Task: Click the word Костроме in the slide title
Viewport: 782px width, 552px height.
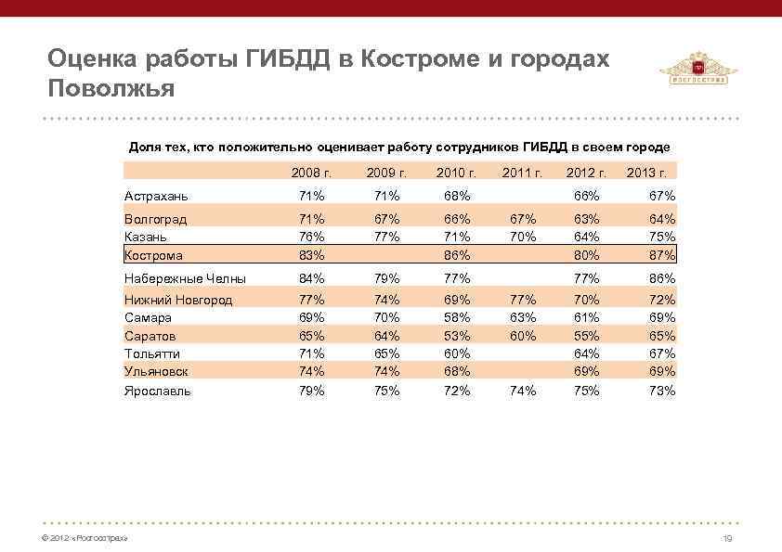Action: (406, 59)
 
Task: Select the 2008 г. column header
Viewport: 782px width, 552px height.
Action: (311, 172)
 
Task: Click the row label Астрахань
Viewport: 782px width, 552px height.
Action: (156, 196)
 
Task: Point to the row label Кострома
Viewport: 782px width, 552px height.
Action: (153, 255)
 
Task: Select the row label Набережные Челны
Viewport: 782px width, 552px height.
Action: (185, 278)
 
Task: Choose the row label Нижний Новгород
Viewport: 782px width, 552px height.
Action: (178, 300)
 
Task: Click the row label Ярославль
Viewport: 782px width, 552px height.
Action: (158, 391)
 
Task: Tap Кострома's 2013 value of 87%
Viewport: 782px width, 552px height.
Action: (662, 255)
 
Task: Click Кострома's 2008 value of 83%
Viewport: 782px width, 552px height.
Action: (311, 255)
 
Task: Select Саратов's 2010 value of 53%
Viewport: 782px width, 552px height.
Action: (456, 336)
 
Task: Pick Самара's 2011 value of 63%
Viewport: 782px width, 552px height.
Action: (523, 317)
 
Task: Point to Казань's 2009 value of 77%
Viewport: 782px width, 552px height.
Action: (385, 237)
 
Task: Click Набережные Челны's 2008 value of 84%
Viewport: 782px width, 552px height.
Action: (311, 278)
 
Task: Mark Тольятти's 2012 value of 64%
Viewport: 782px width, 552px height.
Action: (586, 353)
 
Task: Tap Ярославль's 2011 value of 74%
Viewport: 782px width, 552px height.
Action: (523, 391)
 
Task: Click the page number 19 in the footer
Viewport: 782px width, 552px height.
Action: (727, 539)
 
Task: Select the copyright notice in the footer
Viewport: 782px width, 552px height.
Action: (79, 539)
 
